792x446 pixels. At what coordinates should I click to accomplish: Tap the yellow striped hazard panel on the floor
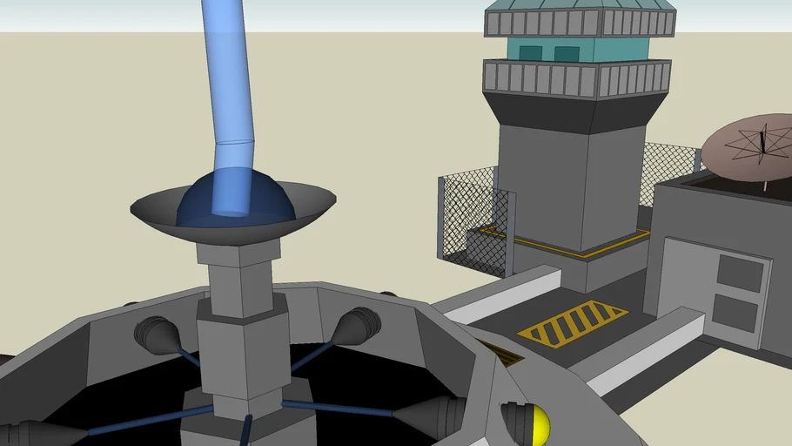(x=572, y=324)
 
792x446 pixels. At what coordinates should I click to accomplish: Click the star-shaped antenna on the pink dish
(x=762, y=144)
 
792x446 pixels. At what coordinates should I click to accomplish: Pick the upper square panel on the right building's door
(x=740, y=273)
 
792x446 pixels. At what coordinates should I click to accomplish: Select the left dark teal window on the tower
(x=530, y=53)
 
